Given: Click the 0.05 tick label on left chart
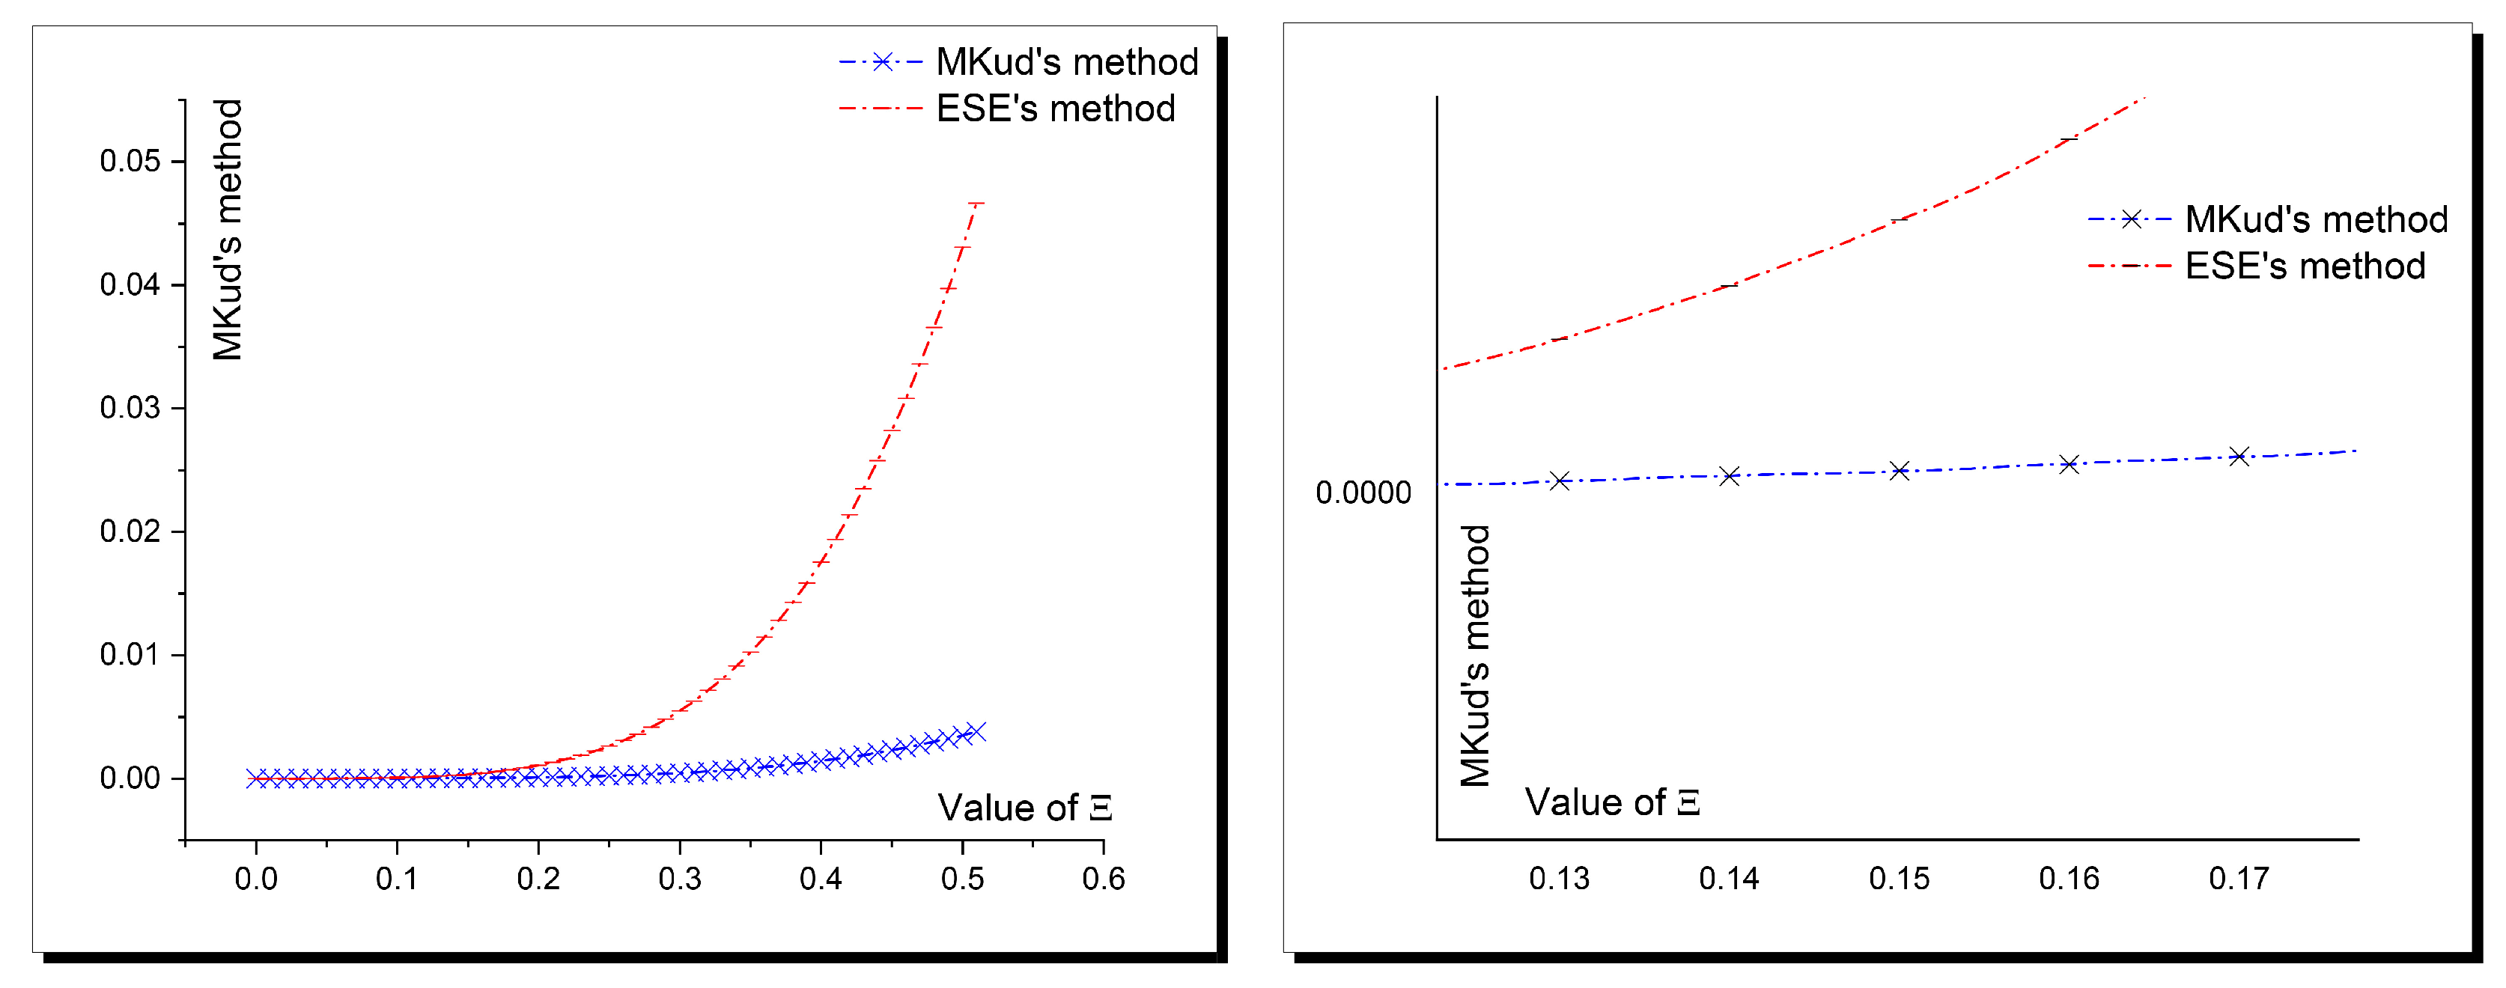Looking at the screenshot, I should (130, 162).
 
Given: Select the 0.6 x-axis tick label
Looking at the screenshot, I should (1103, 879).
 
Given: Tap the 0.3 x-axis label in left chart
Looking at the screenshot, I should (679, 879).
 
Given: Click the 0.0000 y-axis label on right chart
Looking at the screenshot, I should (1362, 493).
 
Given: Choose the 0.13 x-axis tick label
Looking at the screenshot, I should (1558, 879).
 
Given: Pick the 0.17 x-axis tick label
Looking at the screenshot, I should (2239, 879).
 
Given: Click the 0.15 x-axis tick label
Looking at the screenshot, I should (1899, 879).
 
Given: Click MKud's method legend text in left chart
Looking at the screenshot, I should (1066, 62).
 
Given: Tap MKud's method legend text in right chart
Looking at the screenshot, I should (2315, 220).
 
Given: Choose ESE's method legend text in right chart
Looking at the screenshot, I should (2305, 266).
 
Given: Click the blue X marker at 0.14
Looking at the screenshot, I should (1729, 475).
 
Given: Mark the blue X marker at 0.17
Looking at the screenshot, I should (2239, 456).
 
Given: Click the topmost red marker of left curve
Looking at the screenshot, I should (976, 204).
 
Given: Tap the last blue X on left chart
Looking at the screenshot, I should (976, 731).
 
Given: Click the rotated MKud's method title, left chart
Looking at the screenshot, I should (228, 230).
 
